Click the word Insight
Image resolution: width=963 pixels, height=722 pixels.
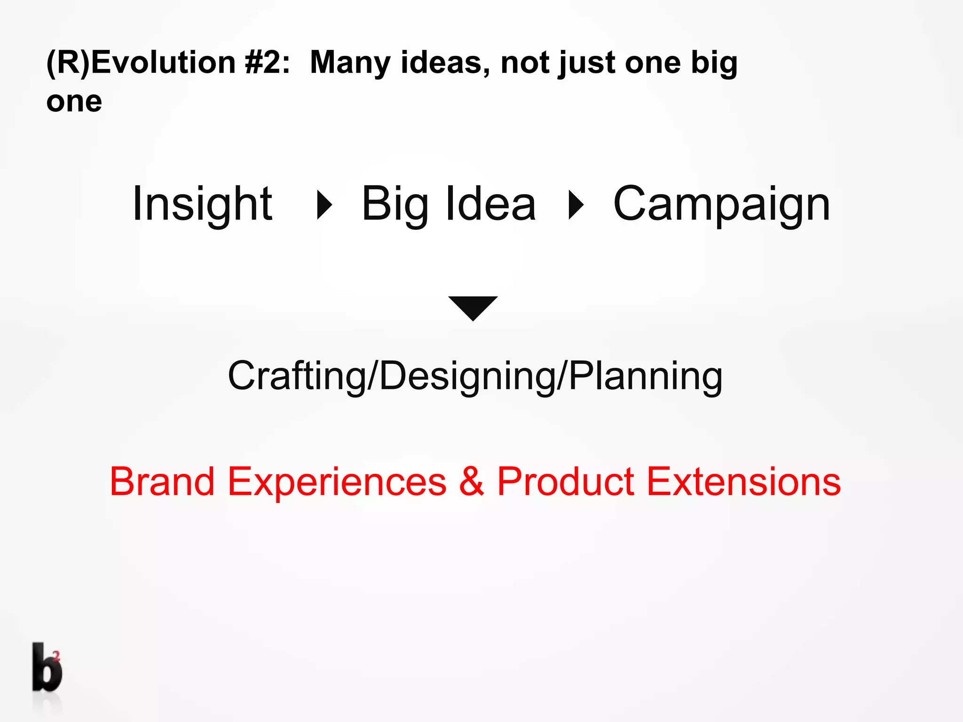tap(202, 204)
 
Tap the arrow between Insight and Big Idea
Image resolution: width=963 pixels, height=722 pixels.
tap(324, 205)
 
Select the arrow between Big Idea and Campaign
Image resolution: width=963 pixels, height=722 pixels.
tap(576, 205)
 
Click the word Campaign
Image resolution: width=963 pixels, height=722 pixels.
tap(722, 205)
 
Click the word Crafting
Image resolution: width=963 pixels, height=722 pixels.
tap(297, 376)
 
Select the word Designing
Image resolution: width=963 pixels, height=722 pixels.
tap(467, 377)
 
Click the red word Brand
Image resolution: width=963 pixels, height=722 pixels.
tap(162, 481)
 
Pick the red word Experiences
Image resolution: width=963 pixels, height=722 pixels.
tap(337, 482)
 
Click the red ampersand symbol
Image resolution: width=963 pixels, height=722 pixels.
tap(472, 481)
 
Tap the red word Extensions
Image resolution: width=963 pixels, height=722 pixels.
tap(743, 481)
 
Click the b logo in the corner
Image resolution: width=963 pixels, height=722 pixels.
tap(47, 667)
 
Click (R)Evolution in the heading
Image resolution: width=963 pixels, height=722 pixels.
tap(141, 63)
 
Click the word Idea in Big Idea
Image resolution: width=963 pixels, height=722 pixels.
tap(489, 204)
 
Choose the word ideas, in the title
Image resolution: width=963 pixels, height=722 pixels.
tap(445, 63)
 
